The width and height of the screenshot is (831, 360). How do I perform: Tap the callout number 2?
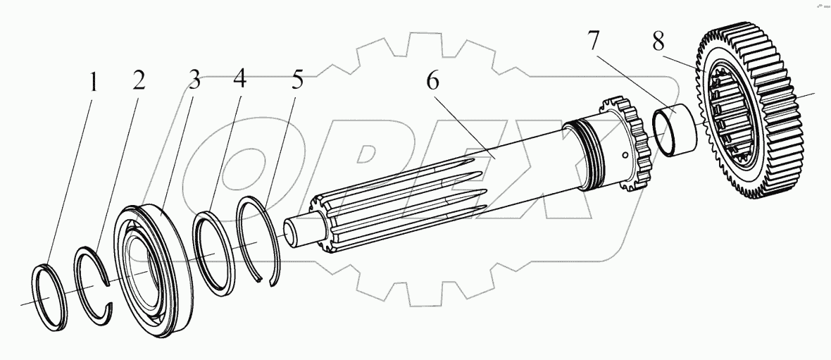coord(138,80)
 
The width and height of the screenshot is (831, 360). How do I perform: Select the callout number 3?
coord(193,80)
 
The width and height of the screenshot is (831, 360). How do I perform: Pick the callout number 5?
coord(297,80)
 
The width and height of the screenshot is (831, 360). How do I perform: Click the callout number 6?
coord(432,80)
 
